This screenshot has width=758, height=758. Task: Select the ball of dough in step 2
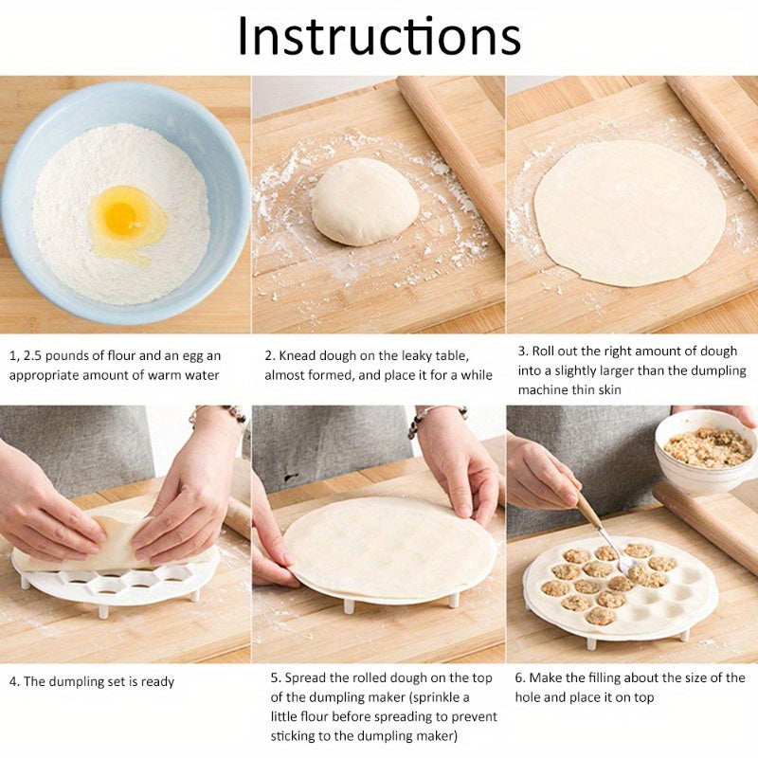click(365, 201)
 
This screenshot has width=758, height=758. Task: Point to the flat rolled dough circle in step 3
click(630, 210)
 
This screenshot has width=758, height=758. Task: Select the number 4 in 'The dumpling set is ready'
click(13, 681)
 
